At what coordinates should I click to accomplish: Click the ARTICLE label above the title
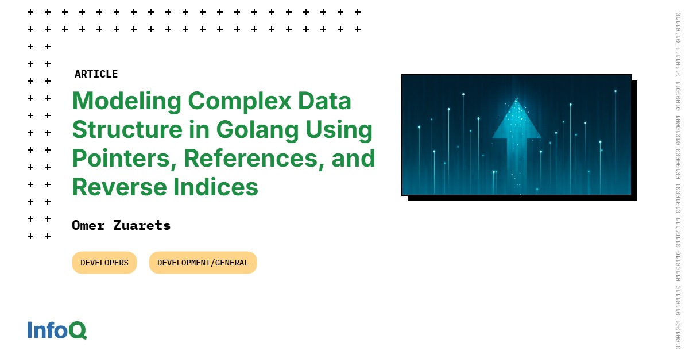[x=96, y=74]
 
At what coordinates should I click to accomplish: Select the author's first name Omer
[x=88, y=225]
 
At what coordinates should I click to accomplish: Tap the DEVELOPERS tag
[x=104, y=263]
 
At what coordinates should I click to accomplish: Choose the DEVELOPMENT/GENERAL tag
[x=203, y=263]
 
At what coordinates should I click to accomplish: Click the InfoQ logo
[x=57, y=330]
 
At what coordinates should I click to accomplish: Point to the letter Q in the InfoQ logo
[x=78, y=330]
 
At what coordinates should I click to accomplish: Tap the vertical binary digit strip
[x=678, y=181]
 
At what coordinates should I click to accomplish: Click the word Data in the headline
[x=327, y=102]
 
